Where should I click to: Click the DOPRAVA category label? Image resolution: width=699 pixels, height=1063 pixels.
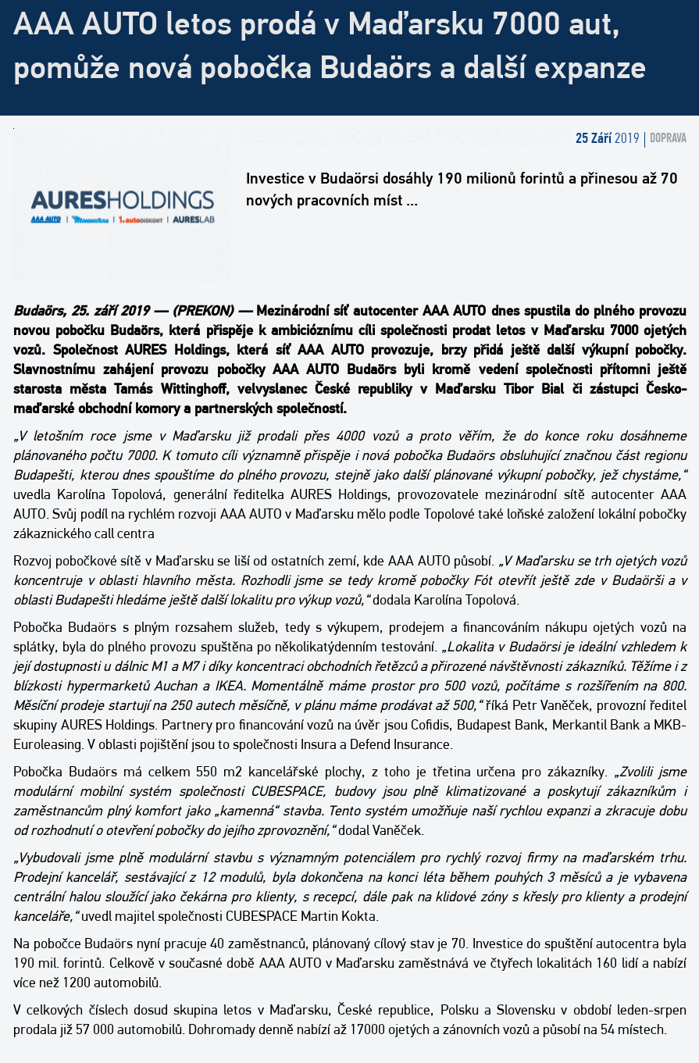click(668, 138)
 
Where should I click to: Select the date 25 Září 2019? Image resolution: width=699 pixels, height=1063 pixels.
click(607, 138)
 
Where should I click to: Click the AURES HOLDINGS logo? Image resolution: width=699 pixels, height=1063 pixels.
click(123, 205)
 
